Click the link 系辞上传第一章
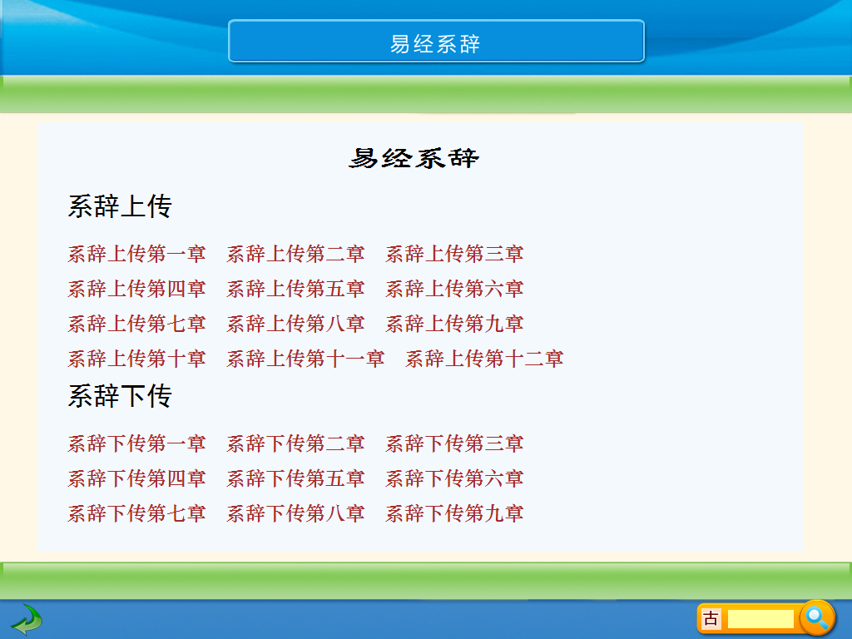pyautogui.click(x=136, y=254)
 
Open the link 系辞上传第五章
pyautogui.click(x=295, y=289)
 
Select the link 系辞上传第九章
pyautogui.click(x=454, y=324)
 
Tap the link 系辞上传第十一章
pyautogui.click(x=305, y=359)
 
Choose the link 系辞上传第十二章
pyautogui.click(x=484, y=359)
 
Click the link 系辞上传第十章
pyautogui.click(x=136, y=359)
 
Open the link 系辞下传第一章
pyautogui.click(x=136, y=444)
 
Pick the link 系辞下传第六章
pyautogui.click(x=454, y=478)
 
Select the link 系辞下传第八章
pyautogui.click(x=295, y=513)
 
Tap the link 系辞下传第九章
pyautogui.click(x=454, y=513)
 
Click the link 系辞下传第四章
pyautogui.click(x=136, y=478)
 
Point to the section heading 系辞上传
pyautogui.click(x=120, y=206)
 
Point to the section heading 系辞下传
pyautogui.click(x=120, y=396)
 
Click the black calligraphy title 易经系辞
pyautogui.click(x=414, y=158)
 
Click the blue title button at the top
pyautogui.click(x=436, y=42)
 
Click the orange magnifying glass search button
pyautogui.click(x=817, y=618)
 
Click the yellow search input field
pyautogui.click(x=760, y=619)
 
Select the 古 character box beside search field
pyautogui.click(x=711, y=619)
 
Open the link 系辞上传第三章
pyautogui.click(x=454, y=254)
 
